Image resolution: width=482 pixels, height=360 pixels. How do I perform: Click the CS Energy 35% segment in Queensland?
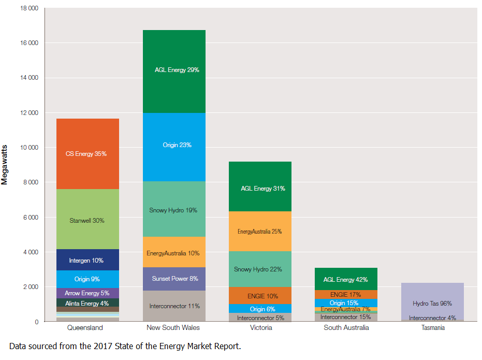tap(87, 154)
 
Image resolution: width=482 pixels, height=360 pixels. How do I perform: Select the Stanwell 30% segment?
tap(87, 220)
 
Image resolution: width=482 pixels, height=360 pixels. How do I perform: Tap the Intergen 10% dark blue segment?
tap(87, 260)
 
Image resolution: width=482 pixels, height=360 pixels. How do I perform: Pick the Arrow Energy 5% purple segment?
tap(87, 293)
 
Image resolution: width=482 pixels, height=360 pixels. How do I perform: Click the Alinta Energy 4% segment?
tap(87, 303)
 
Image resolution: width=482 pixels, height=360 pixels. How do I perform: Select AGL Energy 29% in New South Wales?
tap(174, 70)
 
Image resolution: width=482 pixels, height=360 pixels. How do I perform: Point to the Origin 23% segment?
tap(174, 146)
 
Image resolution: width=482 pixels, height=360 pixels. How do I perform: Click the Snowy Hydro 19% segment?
tap(174, 210)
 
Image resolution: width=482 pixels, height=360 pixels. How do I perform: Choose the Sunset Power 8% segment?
tap(174, 279)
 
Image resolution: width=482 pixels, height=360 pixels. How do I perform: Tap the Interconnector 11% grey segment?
tap(174, 306)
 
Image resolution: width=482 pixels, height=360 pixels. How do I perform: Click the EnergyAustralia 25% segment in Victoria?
tap(260, 232)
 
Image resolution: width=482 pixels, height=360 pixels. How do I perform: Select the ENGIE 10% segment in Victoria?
tap(260, 296)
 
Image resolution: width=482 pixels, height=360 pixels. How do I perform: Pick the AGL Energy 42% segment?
tap(346, 279)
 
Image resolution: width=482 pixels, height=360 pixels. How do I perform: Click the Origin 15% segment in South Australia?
tap(346, 303)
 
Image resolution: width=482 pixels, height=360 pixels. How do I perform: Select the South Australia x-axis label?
tap(346, 328)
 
